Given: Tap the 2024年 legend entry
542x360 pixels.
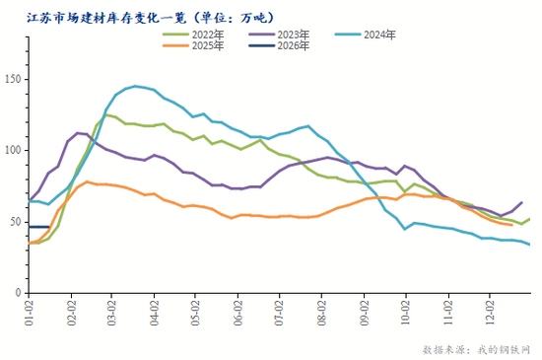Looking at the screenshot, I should point(378,35).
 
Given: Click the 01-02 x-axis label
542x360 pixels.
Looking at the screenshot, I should point(30,313).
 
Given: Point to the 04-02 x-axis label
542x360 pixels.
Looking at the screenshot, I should point(156,313).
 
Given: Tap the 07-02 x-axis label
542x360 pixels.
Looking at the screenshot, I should point(281,313).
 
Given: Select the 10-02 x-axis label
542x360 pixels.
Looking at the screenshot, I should point(406,313).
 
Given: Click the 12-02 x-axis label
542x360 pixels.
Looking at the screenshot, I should point(490,313).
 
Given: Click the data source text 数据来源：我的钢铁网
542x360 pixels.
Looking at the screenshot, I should point(475,348).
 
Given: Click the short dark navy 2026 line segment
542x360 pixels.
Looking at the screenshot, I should point(38,227).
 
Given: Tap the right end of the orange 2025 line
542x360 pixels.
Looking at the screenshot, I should point(510,225).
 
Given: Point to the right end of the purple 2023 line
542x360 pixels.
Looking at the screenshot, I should point(521,201).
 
